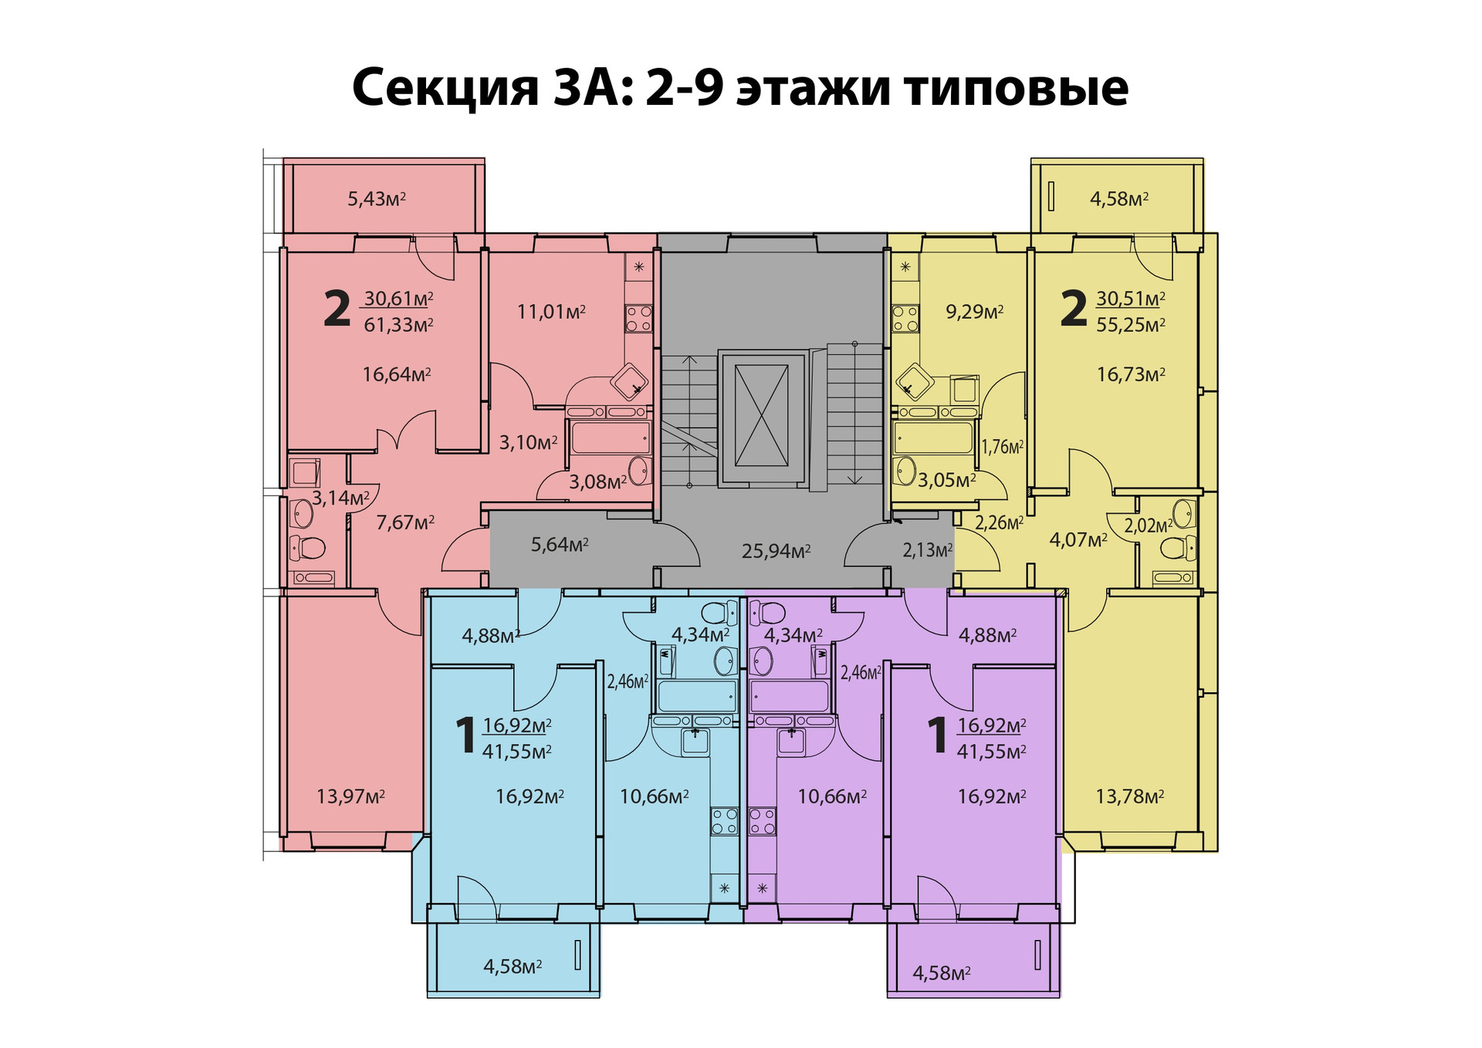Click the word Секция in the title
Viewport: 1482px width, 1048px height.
pyautogui.click(x=445, y=88)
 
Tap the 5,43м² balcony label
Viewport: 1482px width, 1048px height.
pyautogui.click(x=377, y=199)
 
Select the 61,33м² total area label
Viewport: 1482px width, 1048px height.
pyautogui.click(x=398, y=325)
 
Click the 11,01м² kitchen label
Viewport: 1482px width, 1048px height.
pyautogui.click(x=551, y=312)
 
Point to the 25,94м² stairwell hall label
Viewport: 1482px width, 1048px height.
pyautogui.click(x=776, y=551)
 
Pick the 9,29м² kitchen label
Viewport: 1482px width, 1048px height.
pyautogui.click(x=975, y=312)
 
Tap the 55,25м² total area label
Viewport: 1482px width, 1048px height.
pyautogui.click(x=1131, y=325)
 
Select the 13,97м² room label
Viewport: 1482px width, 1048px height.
pyautogui.click(x=350, y=796)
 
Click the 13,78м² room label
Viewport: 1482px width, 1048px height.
pyautogui.click(x=1130, y=796)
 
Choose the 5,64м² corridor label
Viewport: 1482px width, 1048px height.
pyautogui.click(x=560, y=545)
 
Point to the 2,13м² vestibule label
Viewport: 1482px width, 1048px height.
pyautogui.click(x=928, y=550)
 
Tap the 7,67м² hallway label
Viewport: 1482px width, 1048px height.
pyautogui.click(x=405, y=522)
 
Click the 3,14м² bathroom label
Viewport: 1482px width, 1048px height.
pyautogui.click(x=340, y=498)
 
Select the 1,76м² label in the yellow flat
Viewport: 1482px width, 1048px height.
pyautogui.click(x=1003, y=447)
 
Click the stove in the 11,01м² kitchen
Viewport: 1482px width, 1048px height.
pyautogui.click(x=638, y=318)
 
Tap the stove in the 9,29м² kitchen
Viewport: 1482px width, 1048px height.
pyautogui.click(x=905, y=318)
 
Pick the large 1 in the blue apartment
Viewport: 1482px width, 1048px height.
pyautogui.click(x=465, y=735)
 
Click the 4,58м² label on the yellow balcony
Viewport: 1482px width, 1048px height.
pyautogui.click(x=1119, y=199)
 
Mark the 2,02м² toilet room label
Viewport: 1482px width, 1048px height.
pyautogui.click(x=1149, y=526)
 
